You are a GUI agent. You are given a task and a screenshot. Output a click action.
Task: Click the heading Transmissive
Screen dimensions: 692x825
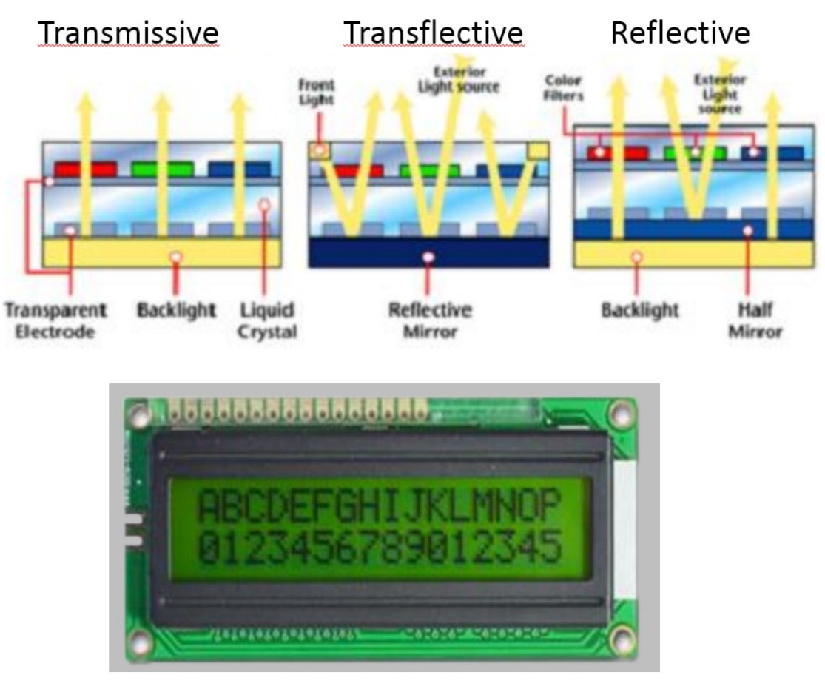[129, 33]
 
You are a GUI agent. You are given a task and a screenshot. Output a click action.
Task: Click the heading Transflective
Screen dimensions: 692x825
[434, 33]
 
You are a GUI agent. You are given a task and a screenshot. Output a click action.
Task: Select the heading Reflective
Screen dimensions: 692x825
[679, 33]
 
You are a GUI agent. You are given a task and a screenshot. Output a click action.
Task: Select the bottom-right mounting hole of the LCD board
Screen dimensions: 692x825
[624, 642]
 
